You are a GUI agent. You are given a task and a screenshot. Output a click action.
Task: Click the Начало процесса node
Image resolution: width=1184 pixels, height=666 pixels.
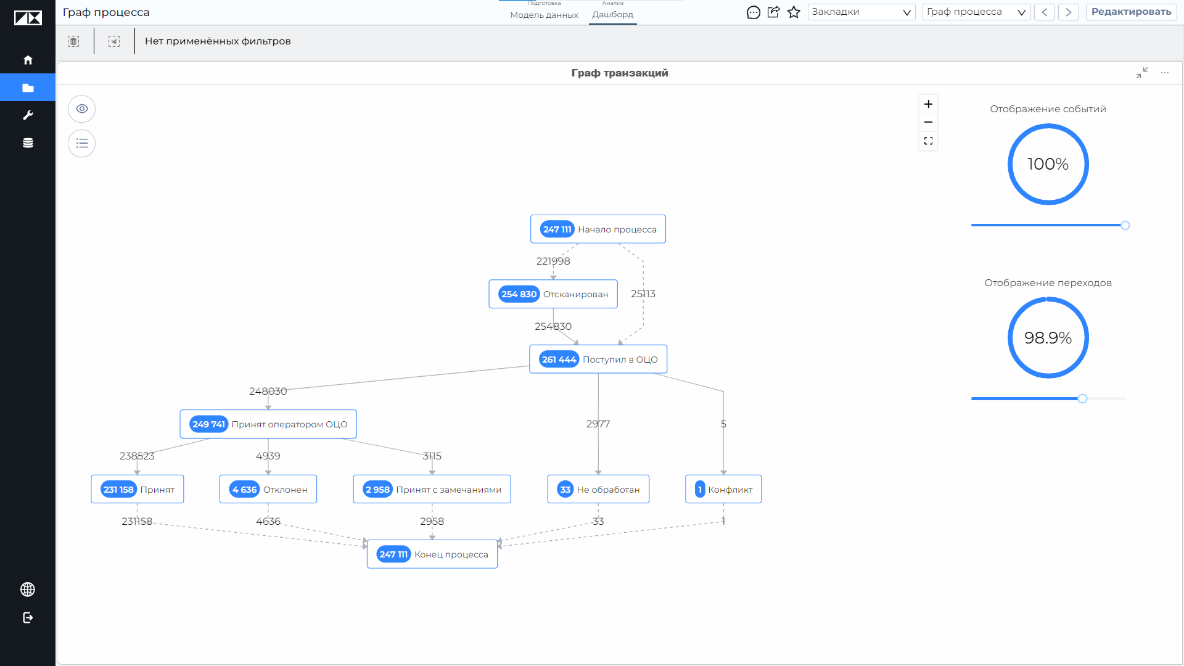[598, 229]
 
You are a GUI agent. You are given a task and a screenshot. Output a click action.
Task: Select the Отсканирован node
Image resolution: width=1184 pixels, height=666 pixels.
[553, 294]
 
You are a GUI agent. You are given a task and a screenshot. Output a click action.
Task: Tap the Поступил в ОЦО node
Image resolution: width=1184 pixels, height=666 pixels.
[598, 359]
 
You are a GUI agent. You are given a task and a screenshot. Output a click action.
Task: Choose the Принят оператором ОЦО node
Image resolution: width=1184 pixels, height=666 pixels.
[268, 424]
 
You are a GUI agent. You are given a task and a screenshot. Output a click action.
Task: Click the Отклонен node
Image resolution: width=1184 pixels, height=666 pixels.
[268, 489]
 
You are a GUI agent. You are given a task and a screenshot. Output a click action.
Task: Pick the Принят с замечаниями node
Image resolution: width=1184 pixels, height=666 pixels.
[432, 489]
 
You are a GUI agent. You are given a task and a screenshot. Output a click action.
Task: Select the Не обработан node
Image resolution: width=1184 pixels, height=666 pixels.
[598, 489]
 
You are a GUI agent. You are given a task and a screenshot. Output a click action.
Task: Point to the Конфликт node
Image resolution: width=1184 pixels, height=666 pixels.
[723, 489]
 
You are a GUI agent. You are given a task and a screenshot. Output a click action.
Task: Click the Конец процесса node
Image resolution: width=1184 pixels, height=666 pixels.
[432, 554]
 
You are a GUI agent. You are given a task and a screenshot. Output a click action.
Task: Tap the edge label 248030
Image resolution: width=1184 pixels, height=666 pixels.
[268, 391]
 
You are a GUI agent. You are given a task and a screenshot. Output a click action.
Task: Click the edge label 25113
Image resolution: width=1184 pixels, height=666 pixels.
[643, 294]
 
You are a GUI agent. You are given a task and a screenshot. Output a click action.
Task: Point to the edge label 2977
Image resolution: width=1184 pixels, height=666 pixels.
[598, 424]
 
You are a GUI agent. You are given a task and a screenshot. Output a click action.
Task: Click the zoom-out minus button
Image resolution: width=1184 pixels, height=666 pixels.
[928, 122]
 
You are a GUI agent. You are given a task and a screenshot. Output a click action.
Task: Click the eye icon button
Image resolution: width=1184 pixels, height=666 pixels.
[82, 109]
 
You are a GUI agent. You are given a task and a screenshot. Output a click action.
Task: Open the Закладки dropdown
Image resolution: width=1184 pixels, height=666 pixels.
[861, 12]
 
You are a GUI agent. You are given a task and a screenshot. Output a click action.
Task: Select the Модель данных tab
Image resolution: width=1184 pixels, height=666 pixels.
[544, 15]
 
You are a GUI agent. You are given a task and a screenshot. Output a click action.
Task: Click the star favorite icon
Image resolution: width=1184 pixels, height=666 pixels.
[794, 12]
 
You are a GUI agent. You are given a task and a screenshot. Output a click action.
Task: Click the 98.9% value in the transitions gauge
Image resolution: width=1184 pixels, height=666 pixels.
[1048, 338]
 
